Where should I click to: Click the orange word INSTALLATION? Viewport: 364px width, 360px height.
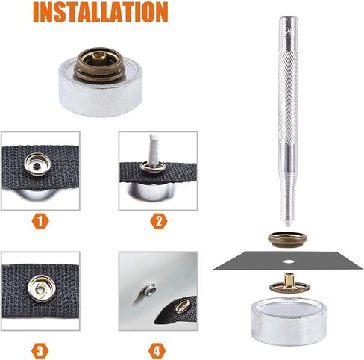click(x=101, y=13)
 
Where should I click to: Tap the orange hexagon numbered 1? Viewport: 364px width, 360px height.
click(x=40, y=221)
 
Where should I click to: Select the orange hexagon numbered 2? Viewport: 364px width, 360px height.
click(x=159, y=221)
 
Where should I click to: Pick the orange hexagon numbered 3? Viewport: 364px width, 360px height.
click(x=40, y=351)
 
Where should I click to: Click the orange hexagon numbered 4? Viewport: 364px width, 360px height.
click(x=157, y=351)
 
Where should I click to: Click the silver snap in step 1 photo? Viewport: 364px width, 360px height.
click(x=37, y=164)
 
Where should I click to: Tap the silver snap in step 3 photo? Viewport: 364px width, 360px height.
click(x=40, y=288)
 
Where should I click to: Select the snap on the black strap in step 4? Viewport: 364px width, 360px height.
click(x=183, y=306)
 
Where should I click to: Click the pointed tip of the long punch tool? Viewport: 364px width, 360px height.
click(x=288, y=225)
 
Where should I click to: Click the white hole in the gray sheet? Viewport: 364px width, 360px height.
click(x=289, y=261)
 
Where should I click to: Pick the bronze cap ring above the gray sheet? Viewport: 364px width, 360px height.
click(x=287, y=239)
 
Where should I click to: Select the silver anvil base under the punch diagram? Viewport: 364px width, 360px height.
click(x=289, y=321)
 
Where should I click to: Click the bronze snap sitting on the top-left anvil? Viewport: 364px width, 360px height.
click(x=99, y=64)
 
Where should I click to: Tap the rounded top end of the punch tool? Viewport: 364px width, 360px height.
click(x=288, y=19)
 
